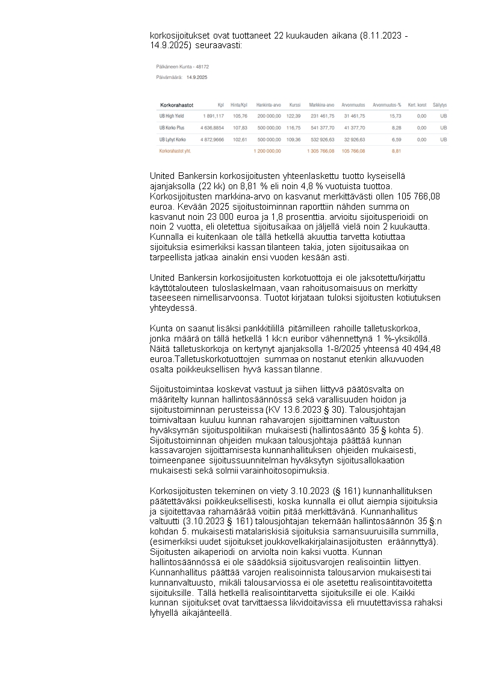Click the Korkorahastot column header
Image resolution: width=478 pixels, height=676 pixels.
(x=176, y=105)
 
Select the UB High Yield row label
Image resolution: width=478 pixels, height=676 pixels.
(x=172, y=116)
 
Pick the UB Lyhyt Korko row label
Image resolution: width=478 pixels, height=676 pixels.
(x=173, y=139)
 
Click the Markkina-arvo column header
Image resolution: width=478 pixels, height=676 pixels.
(x=321, y=105)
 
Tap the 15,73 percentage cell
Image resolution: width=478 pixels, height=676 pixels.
(x=396, y=116)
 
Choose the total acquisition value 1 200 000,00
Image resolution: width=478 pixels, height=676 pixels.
(x=267, y=151)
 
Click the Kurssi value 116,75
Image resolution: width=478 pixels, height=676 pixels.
(x=293, y=128)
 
